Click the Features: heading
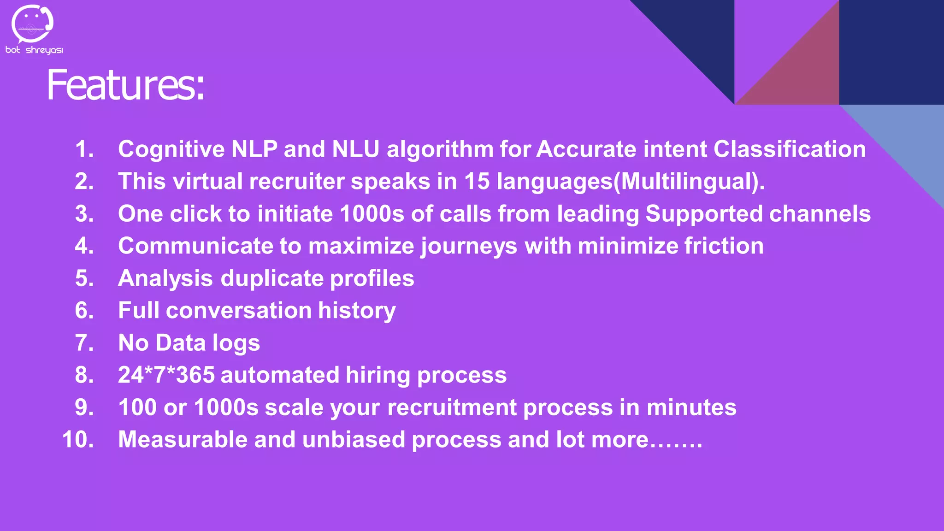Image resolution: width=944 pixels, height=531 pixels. tap(125, 85)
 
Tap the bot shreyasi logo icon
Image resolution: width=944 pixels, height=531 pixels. tap(32, 24)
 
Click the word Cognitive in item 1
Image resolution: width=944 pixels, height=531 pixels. tap(171, 149)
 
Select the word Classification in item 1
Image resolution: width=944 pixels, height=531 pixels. tap(790, 149)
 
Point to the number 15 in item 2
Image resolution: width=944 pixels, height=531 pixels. tap(477, 181)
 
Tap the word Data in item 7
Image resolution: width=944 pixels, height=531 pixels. tap(181, 343)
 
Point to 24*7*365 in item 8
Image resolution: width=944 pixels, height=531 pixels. tap(166, 375)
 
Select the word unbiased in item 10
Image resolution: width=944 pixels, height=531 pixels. tap(354, 440)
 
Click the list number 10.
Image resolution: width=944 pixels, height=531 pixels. tap(77, 440)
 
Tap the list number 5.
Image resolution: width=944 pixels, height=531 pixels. tap(84, 278)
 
